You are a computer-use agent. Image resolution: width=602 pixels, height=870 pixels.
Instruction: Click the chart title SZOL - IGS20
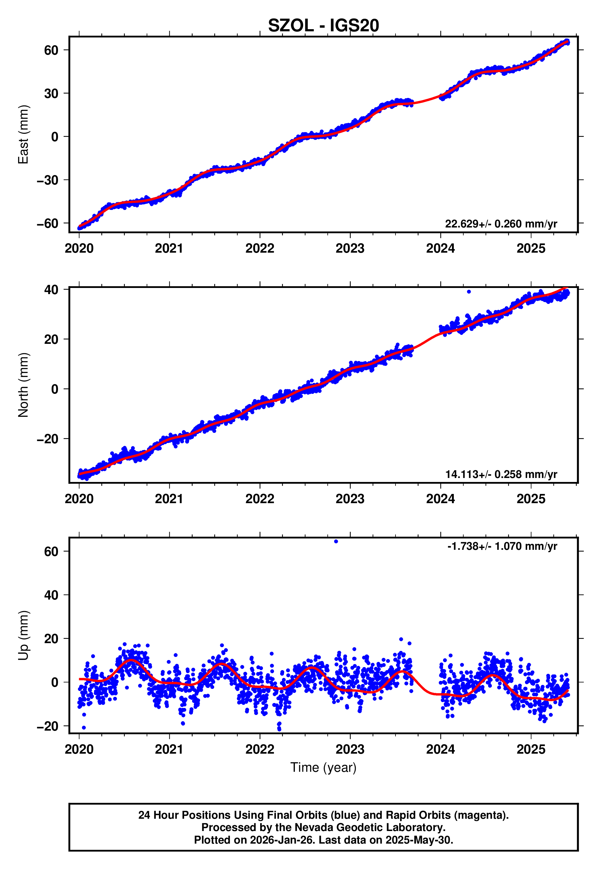pos(323,26)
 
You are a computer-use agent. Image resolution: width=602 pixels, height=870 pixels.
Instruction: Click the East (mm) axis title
pos(23,134)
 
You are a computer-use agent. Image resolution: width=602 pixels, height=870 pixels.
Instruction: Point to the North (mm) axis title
pos(23,385)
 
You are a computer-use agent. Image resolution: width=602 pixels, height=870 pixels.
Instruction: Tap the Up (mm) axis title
pos(23,635)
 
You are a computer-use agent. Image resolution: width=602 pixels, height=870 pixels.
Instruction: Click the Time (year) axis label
pos(323,767)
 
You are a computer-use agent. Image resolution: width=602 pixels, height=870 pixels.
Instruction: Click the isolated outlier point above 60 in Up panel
pos(336,542)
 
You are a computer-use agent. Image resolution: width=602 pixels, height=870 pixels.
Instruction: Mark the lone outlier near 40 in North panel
pos(469,292)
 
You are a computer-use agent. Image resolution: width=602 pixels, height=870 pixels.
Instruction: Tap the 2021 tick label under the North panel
pos(169,499)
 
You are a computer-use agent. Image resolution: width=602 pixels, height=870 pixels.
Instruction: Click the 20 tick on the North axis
pos(51,339)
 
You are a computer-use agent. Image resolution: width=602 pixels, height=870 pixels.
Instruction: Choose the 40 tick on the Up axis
pos(51,595)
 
